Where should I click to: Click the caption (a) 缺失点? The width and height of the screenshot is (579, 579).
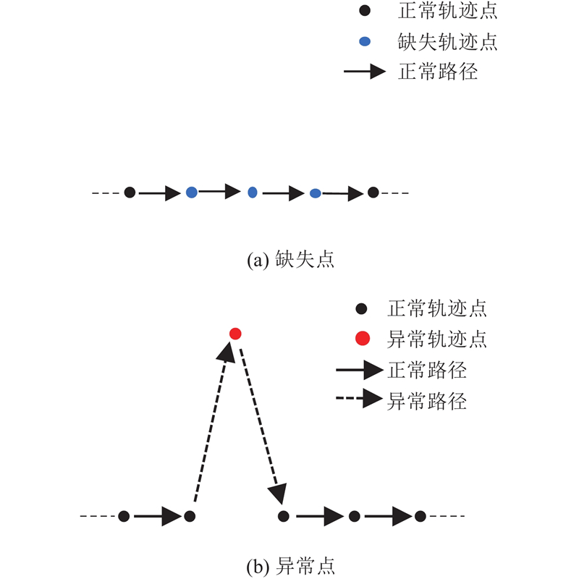(291, 259)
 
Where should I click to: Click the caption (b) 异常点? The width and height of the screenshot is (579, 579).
(291, 566)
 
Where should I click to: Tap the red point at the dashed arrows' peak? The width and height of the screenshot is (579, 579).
(235, 334)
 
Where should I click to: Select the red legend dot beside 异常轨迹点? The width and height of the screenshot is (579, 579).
(363, 338)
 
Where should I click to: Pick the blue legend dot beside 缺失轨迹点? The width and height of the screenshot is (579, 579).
(365, 41)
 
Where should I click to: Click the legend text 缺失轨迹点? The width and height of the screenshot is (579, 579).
(447, 41)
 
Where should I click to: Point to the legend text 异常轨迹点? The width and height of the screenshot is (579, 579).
(437, 339)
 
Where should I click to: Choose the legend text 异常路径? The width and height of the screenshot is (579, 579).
(427, 401)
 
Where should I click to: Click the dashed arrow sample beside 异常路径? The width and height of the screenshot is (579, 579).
(359, 398)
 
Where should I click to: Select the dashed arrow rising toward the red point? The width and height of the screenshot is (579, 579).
(214, 421)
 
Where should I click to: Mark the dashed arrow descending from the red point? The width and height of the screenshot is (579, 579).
(263, 426)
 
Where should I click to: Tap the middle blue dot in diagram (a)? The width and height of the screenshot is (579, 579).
(252, 192)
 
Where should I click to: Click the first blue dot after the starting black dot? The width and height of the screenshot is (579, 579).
(192, 192)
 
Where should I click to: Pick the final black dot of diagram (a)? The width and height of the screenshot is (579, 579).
(373, 192)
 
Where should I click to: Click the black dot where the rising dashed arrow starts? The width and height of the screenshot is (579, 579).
(190, 516)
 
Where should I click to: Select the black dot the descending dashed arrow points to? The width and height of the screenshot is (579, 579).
(283, 516)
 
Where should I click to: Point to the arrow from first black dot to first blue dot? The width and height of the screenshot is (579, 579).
(159, 193)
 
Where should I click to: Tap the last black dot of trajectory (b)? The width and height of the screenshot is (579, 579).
(420, 516)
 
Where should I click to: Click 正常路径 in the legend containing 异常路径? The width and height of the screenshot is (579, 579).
(427, 370)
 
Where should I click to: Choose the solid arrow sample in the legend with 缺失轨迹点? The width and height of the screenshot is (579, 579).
(365, 71)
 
